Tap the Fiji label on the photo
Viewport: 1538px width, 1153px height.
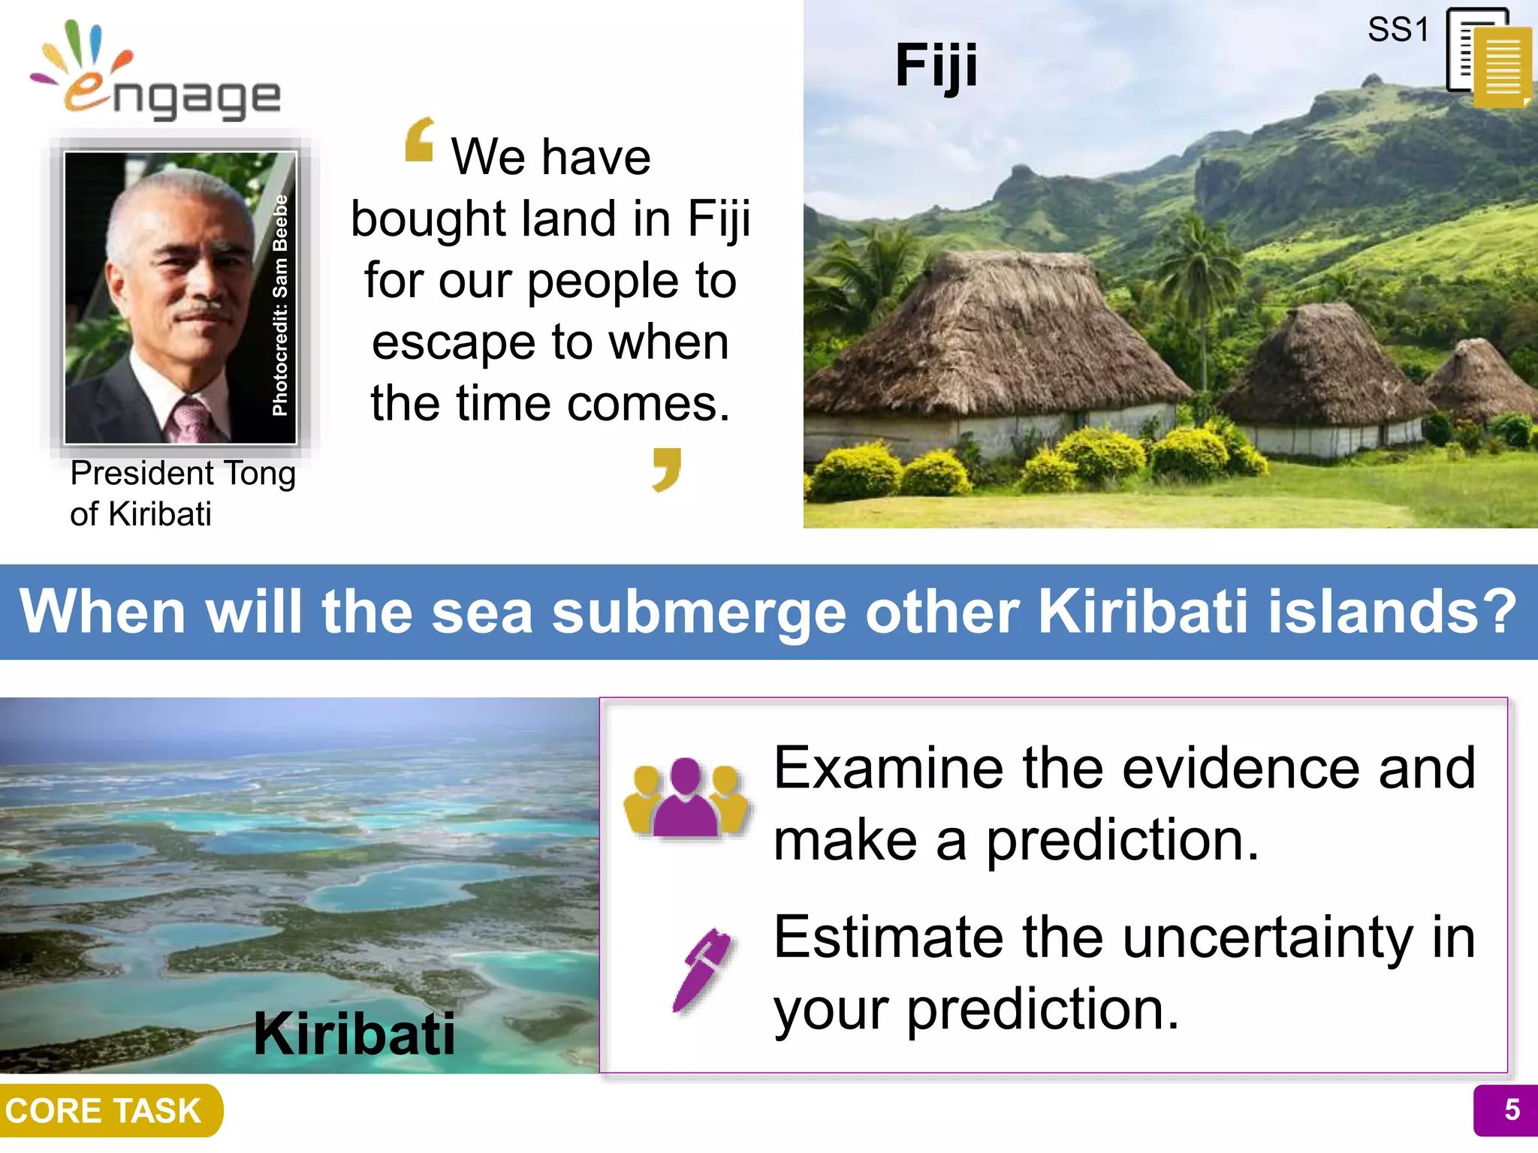(936, 66)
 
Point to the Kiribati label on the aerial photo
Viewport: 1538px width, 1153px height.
(354, 1034)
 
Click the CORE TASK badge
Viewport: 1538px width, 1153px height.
(105, 1110)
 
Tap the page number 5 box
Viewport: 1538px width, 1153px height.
(1505, 1110)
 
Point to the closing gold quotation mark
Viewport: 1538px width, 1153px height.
(667, 469)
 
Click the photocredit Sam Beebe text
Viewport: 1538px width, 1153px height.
(280, 305)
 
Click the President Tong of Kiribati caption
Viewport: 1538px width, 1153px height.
(182, 493)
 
